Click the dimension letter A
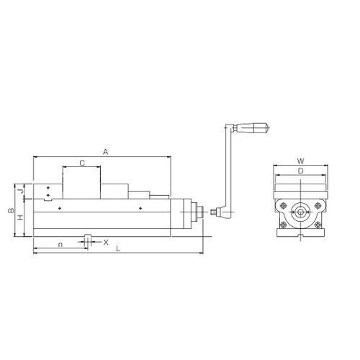[x=106, y=152]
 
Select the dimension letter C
[x=82, y=163]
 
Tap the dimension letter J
[x=21, y=191]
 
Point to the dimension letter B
[x=11, y=210]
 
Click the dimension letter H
[x=21, y=217]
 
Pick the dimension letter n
[x=60, y=245]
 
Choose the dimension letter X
[x=106, y=243]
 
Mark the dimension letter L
[x=118, y=248]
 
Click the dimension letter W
[x=300, y=161]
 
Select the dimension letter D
[x=300, y=171]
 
